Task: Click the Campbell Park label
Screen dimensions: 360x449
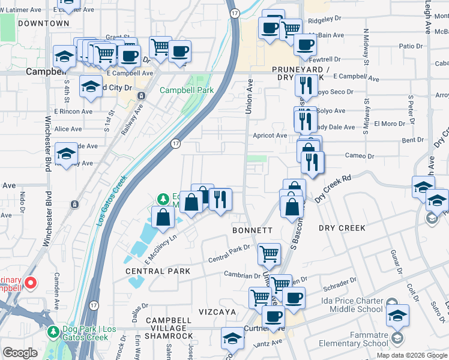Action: click(x=186, y=91)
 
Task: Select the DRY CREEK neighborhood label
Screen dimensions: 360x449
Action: click(x=342, y=228)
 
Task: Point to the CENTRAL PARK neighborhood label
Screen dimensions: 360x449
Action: click(x=158, y=271)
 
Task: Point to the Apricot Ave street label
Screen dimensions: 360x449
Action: click(x=270, y=136)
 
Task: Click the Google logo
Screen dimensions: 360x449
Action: click(x=20, y=353)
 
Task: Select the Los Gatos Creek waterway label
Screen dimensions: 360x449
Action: click(x=112, y=200)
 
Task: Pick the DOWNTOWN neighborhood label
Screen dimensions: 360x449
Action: click(x=43, y=23)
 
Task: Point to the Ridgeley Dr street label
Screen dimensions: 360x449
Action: click(x=324, y=19)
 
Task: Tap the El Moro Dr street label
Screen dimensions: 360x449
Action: click(x=390, y=124)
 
